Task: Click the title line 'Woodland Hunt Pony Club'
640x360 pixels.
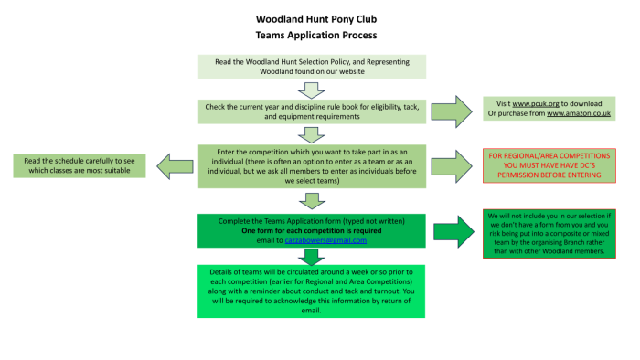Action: [316, 19]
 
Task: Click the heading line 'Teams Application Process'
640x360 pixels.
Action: [316, 35]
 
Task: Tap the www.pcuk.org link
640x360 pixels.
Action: [536, 103]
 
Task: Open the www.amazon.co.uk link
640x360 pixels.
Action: [579, 113]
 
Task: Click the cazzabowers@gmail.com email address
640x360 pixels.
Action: [325, 240]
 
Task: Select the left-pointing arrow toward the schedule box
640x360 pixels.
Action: [176, 166]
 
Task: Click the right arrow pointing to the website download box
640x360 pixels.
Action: [452, 111]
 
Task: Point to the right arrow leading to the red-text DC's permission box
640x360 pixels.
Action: [452, 166]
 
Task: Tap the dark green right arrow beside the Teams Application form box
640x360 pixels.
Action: [453, 231]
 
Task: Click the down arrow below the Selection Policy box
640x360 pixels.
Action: [312, 90]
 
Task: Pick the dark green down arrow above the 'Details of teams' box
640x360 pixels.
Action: [312, 257]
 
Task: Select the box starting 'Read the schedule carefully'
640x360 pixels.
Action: [80, 165]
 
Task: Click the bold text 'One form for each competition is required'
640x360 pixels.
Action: [312, 231]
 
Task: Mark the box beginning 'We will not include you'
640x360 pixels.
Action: [549, 234]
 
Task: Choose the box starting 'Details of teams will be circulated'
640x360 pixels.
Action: [312, 291]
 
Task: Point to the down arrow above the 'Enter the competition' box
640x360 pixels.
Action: [312, 135]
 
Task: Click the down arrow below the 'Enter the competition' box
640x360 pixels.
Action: [312, 201]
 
